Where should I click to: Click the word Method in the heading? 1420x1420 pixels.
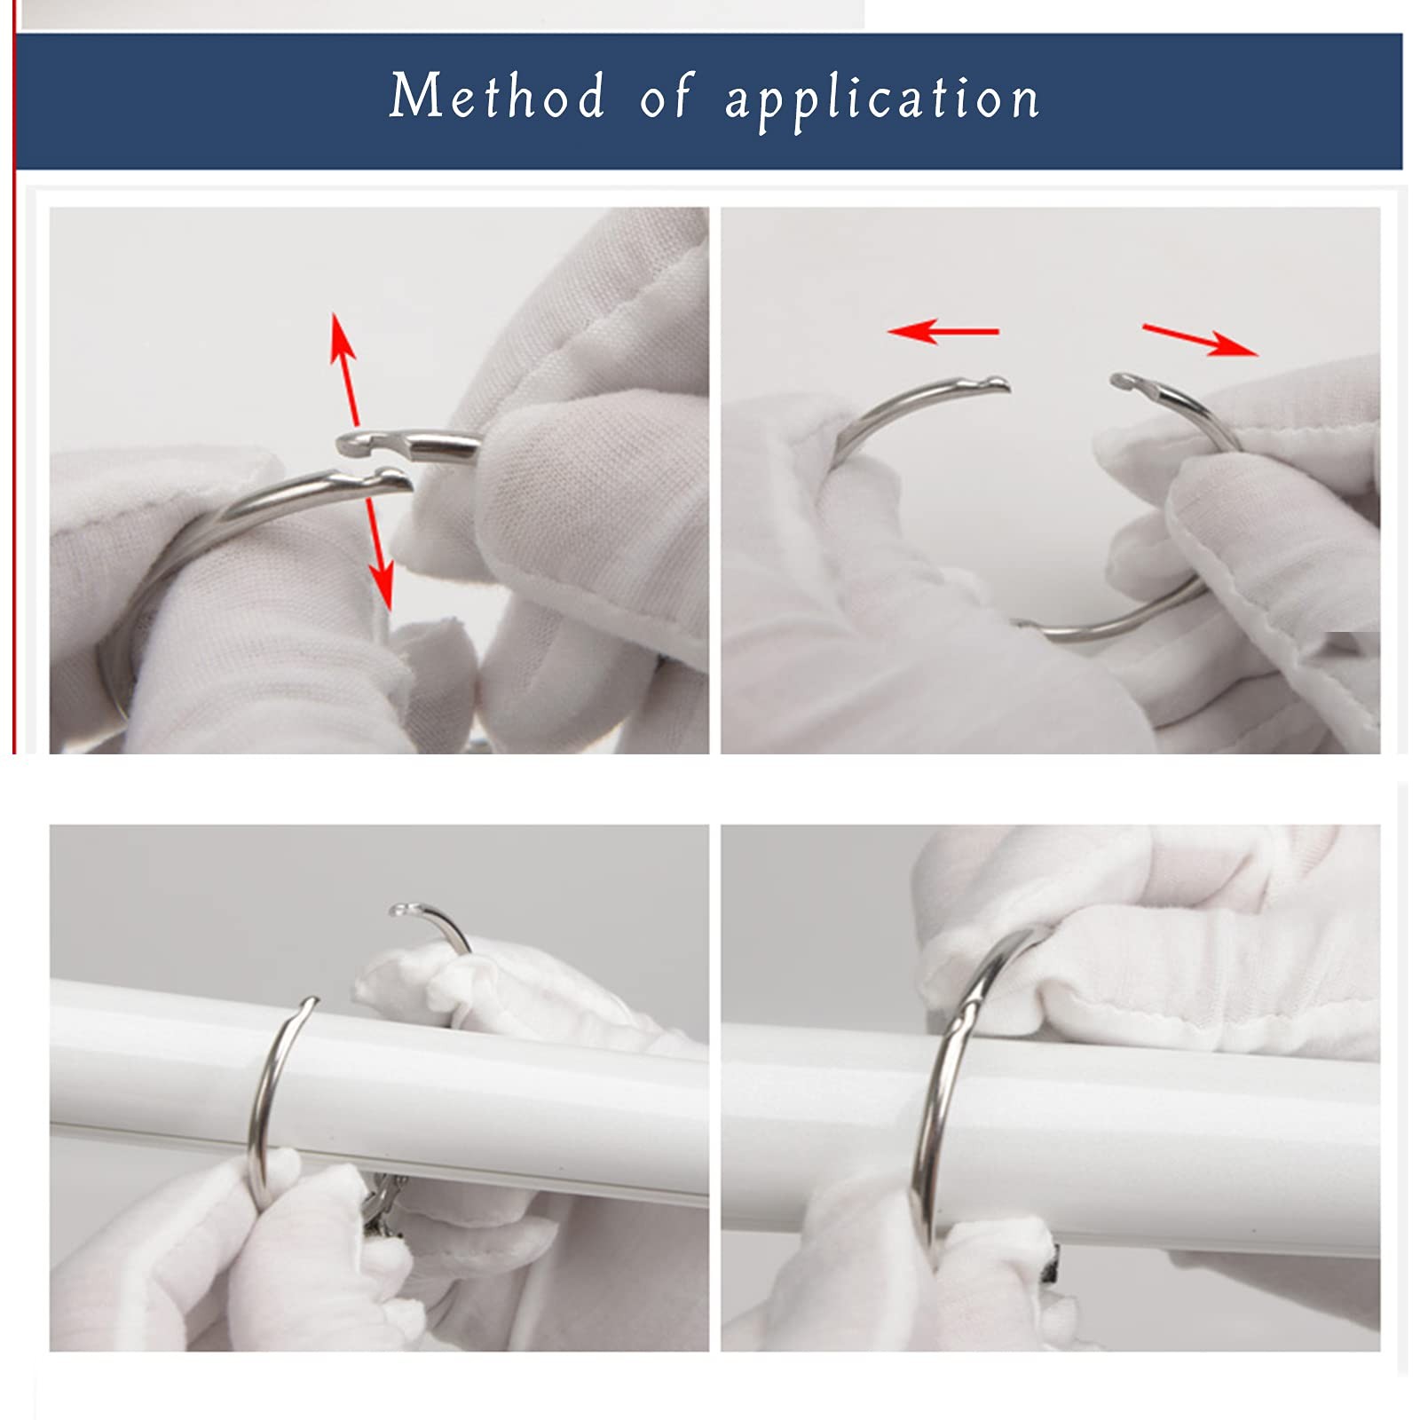pyautogui.click(x=497, y=96)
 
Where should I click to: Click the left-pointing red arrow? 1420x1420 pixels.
pyautogui.click(x=943, y=331)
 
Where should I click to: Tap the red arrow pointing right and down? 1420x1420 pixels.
pyautogui.click(x=1200, y=340)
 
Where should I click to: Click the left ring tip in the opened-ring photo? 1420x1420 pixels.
pyautogui.click(x=994, y=385)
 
